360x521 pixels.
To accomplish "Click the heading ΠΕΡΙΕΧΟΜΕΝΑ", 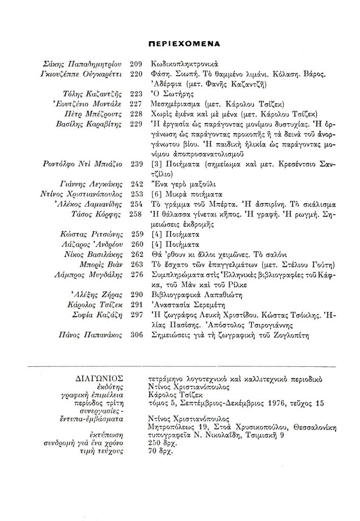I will tap(181, 44).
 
